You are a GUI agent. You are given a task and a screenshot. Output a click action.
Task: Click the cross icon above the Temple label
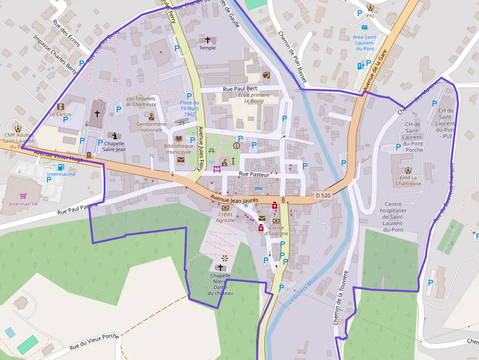click(207, 40)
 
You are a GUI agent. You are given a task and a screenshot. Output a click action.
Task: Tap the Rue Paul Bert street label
click(240, 88)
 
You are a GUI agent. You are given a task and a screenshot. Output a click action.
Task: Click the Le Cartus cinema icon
click(61, 106)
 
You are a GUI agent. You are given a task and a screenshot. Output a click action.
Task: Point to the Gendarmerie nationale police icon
click(152, 116)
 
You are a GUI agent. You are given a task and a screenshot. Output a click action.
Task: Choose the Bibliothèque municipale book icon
click(178, 139)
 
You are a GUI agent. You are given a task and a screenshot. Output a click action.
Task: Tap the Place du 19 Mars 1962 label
click(189, 108)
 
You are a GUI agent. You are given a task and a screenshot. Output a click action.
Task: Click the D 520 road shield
click(323, 195)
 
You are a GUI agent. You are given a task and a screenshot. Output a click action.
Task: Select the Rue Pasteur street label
click(254, 174)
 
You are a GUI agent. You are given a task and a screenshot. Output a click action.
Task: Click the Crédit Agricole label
click(226, 217)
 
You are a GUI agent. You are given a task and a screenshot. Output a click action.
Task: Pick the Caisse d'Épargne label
click(276, 230)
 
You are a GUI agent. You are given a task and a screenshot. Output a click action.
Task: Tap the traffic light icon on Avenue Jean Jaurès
click(283, 200)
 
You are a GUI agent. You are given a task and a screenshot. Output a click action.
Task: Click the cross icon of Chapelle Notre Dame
click(220, 268)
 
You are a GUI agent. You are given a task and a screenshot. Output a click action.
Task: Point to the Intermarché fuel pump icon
click(61, 168)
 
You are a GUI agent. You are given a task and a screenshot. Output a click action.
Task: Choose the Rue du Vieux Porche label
click(94, 341)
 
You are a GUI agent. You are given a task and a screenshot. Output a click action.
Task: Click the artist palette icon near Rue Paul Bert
click(266, 75)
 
